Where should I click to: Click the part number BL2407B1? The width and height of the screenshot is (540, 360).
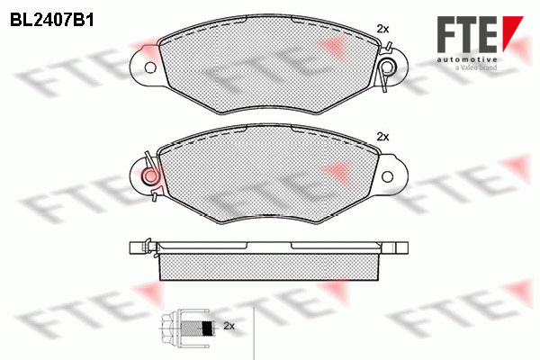click(x=52, y=21)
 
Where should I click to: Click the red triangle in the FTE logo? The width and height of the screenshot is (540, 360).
click(x=511, y=30)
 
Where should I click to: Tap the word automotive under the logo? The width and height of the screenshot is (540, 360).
click(x=467, y=60)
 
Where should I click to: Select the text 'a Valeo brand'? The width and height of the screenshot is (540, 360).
click(x=475, y=67)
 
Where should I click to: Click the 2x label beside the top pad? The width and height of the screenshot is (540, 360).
click(x=382, y=29)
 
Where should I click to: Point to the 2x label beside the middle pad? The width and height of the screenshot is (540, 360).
click(x=382, y=137)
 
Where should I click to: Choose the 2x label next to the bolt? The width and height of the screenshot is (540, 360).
click(x=229, y=326)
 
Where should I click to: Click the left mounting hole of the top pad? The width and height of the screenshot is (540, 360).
click(x=149, y=67)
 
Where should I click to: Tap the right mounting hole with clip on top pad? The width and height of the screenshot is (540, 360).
click(x=388, y=67)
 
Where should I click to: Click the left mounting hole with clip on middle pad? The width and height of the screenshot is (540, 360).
click(x=150, y=175)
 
